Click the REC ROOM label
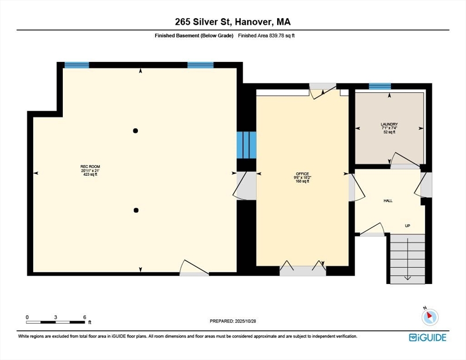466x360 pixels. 90,166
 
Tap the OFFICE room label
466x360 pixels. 302,173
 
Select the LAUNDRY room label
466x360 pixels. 389,124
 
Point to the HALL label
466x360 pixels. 388,201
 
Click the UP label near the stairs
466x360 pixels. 407,225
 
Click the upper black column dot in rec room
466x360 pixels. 135,130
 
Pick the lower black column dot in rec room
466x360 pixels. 136,210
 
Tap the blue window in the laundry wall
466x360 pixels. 380,86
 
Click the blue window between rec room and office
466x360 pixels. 247,145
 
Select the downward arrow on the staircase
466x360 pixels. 407,259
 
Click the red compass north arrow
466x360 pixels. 429,315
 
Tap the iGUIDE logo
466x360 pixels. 428,337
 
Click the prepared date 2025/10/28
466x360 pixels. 245,321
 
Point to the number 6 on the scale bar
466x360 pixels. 85,317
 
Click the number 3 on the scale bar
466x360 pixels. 56,317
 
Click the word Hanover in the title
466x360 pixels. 254,22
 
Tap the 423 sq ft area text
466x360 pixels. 90,174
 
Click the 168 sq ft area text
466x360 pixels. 302,181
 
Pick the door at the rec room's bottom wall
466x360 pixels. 194,268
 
